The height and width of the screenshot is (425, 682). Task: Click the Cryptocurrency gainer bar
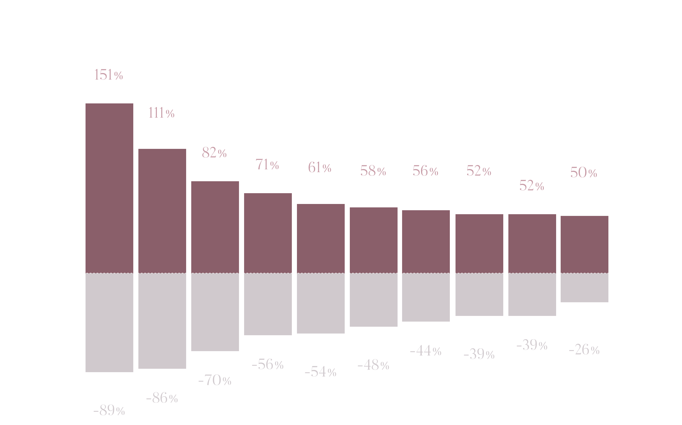[109, 188]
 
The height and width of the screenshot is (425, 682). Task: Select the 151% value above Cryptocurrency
[109, 75]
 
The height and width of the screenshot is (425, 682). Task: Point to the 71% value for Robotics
[267, 164]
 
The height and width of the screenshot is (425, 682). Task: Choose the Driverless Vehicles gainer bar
[373, 240]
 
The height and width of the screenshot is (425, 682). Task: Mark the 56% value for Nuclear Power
[425, 171]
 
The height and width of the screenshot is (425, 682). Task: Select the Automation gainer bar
[532, 243]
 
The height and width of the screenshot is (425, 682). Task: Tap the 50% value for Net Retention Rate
[584, 172]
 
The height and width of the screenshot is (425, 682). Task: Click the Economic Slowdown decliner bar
[109, 322]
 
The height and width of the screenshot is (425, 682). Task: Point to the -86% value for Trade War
[162, 398]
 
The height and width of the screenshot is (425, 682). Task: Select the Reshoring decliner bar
[268, 304]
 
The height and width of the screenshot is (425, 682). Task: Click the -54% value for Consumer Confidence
[321, 372]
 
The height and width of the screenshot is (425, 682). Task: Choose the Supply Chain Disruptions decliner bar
[584, 287]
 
